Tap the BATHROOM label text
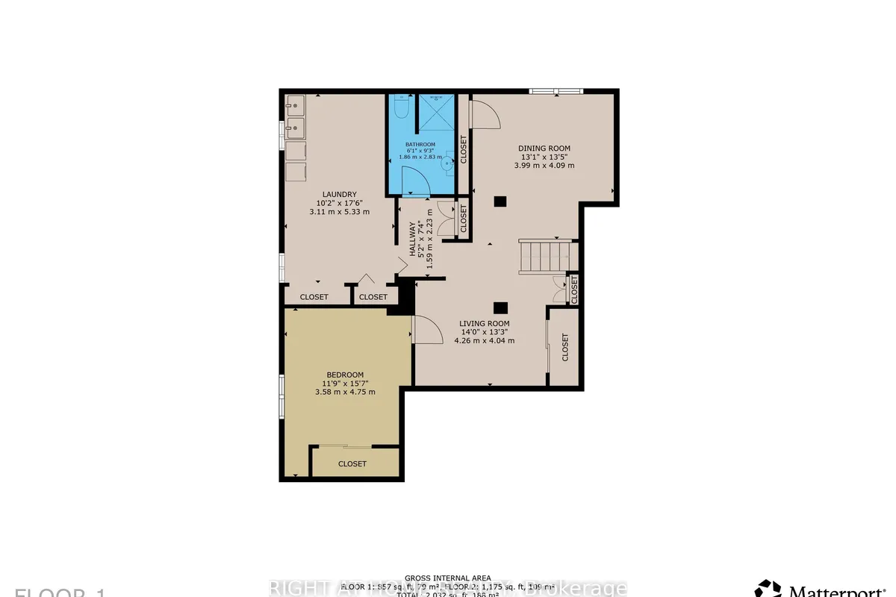coord(420,144)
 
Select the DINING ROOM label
coord(544,149)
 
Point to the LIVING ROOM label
coord(484,323)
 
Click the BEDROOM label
coord(345,375)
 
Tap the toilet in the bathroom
coord(401,108)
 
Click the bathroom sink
coord(449,156)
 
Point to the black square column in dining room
coord(500,200)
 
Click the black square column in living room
coord(500,306)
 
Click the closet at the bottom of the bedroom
coord(352,463)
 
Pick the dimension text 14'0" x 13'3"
coord(484,332)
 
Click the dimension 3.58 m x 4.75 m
coord(345,392)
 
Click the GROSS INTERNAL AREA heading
coord(447,578)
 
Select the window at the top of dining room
coord(555,91)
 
